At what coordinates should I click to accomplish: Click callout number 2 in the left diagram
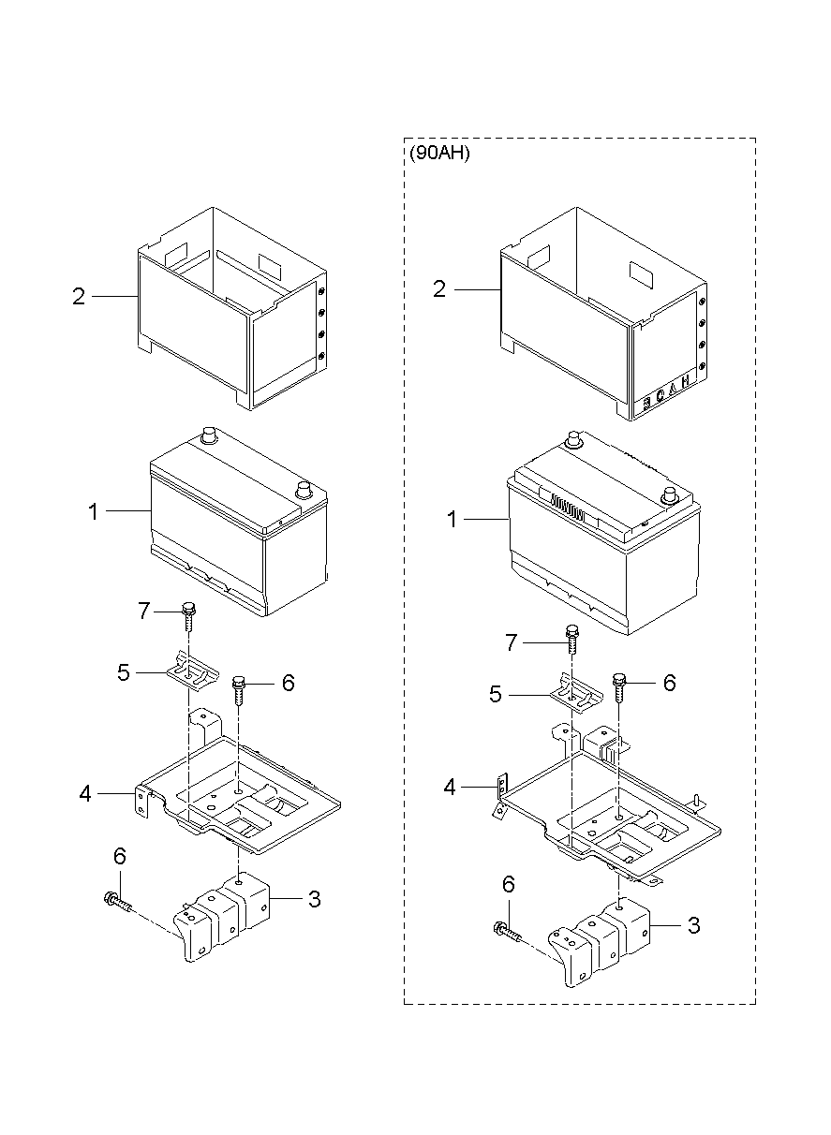79,297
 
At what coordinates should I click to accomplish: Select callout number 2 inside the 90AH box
439,289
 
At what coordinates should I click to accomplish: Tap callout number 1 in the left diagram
93,511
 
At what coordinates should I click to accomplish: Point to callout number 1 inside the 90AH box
453,519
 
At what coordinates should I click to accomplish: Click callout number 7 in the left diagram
143,612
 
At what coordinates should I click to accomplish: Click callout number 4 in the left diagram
85,794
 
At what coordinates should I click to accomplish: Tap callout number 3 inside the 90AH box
693,925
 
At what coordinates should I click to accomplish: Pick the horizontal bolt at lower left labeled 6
117,901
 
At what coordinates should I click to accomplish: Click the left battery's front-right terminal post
304,489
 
